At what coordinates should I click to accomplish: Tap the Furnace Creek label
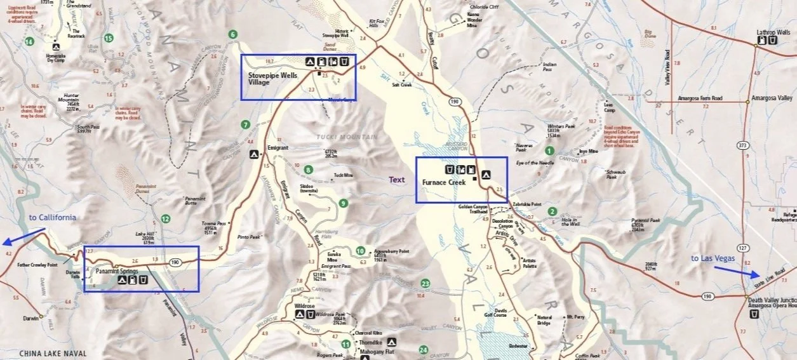pos(444,182)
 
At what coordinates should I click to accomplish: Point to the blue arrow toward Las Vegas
pos(736,272)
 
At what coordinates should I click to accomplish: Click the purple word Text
pos(397,180)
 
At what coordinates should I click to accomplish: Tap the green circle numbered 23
pos(425,283)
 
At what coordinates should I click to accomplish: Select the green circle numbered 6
pos(233,34)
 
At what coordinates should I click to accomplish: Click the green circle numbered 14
pos(29,42)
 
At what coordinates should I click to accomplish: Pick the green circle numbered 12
pos(166,219)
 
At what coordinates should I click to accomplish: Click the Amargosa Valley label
pos(772,98)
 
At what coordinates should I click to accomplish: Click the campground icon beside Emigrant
pos(253,154)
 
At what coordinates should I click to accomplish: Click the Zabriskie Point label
pos(527,204)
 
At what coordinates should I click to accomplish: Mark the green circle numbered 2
pos(553,211)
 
